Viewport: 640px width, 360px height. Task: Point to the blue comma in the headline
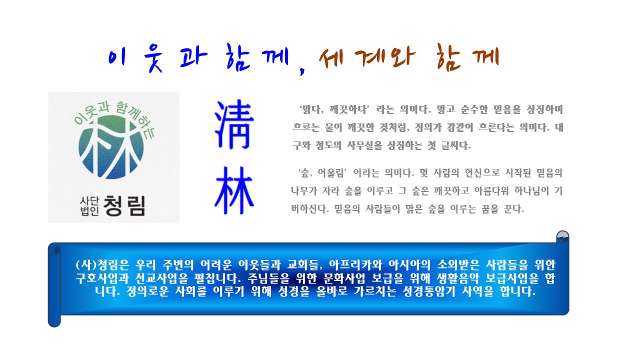tap(302, 70)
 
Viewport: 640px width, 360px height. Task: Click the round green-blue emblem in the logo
tap(111, 147)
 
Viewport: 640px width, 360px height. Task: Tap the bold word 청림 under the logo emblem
tap(124, 205)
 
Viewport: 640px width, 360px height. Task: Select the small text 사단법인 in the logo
tap(89, 206)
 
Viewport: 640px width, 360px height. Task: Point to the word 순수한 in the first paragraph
tap(474, 109)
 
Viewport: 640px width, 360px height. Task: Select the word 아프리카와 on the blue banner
tap(355, 265)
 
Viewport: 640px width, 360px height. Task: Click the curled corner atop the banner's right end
tap(562, 237)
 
